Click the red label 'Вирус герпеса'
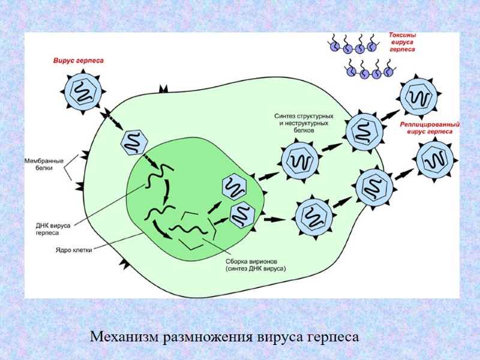[x=78, y=61]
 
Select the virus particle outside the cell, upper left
[x=82, y=92]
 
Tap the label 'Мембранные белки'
[x=44, y=165]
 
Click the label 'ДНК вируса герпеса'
[x=52, y=229]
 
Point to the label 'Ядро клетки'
[x=73, y=251]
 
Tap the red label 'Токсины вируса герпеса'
[x=402, y=43]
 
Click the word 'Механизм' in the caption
[x=125, y=337]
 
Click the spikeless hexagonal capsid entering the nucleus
[x=134, y=142]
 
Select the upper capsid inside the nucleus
[x=235, y=186]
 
